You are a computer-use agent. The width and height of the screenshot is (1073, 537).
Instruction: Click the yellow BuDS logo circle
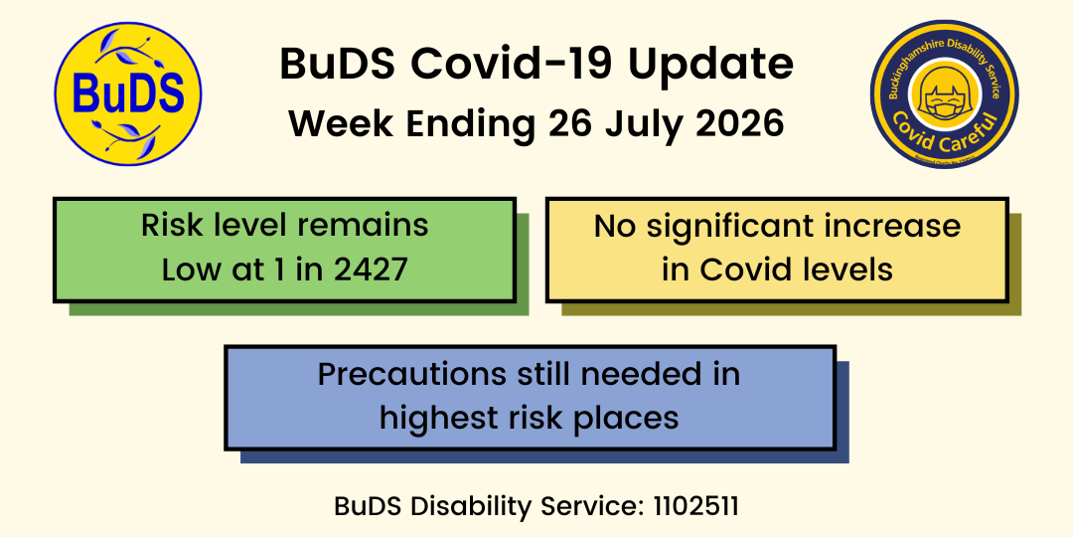click(128, 93)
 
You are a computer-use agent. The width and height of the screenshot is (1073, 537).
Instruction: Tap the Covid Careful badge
click(945, 93)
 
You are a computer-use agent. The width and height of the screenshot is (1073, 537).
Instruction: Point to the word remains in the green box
click(380, 226)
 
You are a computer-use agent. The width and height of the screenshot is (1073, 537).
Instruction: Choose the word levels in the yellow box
click(851, 269)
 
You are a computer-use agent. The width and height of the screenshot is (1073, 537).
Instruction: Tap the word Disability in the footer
click(472, 507)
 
